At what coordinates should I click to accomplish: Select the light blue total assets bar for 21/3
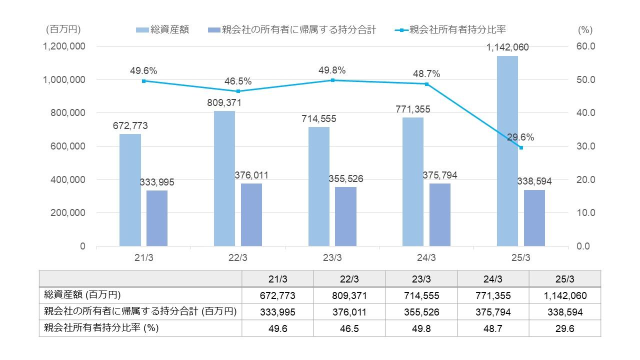click(x=130, y=190)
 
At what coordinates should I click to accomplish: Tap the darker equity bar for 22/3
click(x=251, y=215)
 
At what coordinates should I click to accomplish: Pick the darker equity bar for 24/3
click(x=440, y=215)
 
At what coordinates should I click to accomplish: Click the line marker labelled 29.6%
click(x=521, y=147)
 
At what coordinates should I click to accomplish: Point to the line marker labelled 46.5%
click(x=238, y=91)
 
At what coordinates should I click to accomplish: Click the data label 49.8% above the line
click(x=332, y=70)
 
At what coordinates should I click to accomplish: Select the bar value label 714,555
click(x=319, y=119)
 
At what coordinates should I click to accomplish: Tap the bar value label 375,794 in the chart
click(x=439, y=175)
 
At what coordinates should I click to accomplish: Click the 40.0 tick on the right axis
click(x=585, y=113)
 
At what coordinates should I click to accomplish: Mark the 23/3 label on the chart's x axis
click(x=332, y=258)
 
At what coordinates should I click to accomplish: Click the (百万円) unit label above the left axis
click(x=63, y=29)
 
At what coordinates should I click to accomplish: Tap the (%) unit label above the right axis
click(x=585, y=29)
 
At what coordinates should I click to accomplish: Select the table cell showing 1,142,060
click(x=564, y=295)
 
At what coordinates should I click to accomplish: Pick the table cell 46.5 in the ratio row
click(x=349, y=328)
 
